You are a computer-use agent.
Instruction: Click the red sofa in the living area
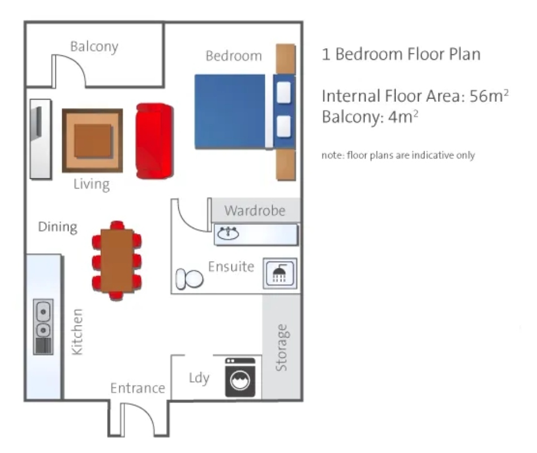point(155,141)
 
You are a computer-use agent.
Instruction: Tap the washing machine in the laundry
point(240,377)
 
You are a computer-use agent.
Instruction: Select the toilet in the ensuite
point(189,279)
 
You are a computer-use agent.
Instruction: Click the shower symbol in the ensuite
point(280,273)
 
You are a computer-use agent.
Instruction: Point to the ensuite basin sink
point(228,233)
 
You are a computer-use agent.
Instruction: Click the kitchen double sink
point(43,327)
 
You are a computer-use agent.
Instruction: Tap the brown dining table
point(117,260)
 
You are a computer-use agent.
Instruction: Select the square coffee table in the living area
point(92,140)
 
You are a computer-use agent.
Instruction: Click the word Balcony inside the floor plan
point(94,46)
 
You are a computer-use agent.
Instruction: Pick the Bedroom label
point(234,56)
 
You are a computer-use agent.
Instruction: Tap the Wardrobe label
point(255,211)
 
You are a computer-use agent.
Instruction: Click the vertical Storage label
point(281,348)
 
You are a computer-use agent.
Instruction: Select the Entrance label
point(138,388)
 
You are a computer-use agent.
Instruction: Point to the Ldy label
point(199,378)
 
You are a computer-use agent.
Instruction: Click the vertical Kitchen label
point(77,332)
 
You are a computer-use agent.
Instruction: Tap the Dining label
point(58,227)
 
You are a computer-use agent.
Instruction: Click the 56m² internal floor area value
point(489,96)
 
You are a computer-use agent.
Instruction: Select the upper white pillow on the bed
point(283,92)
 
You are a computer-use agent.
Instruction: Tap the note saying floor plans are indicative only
point(398,155)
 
